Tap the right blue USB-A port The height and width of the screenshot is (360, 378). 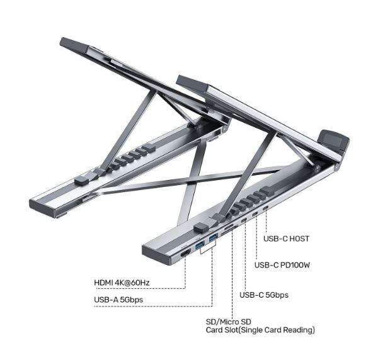coord(213,237)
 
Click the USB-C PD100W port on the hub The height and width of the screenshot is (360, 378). coord(255,214)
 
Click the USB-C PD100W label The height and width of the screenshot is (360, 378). coord(282,266)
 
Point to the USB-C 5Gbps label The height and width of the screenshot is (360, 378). coord(265,295)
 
